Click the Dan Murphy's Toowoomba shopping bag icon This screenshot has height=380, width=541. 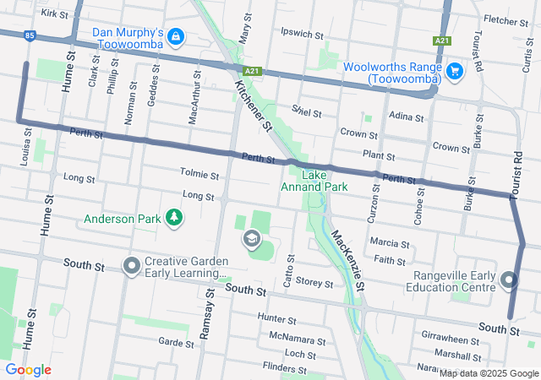point(175,36)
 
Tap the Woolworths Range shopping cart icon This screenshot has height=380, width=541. point(454,71)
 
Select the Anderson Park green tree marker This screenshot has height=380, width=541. point(174,218)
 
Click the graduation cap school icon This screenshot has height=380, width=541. point(251,240)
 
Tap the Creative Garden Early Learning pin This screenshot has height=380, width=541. point(131,266)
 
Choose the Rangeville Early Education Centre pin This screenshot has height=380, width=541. point(508,280)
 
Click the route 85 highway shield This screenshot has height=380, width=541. point(30,35)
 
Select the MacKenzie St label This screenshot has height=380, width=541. point(347,261)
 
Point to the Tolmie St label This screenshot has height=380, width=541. point(199,173)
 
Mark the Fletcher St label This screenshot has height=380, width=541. point(505,19)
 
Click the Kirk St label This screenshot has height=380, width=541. point(53,14)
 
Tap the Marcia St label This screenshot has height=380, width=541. point(390,243)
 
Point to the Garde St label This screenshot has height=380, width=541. point(176,342)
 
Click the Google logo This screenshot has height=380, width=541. point(29,370)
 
